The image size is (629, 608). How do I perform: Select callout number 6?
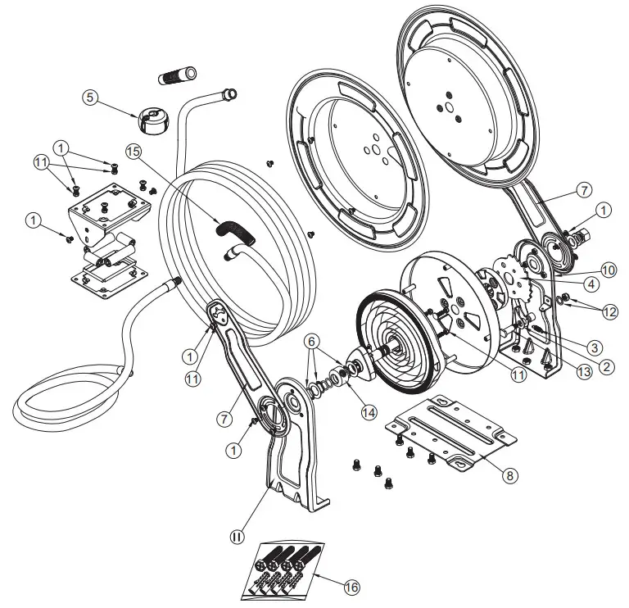pyautogui.click(x=314, y=340)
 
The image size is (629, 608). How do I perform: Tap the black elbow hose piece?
pyautogui.click(x=235, y=232)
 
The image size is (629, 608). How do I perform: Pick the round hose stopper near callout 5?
pyautogui.click(x=154, y=118)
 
